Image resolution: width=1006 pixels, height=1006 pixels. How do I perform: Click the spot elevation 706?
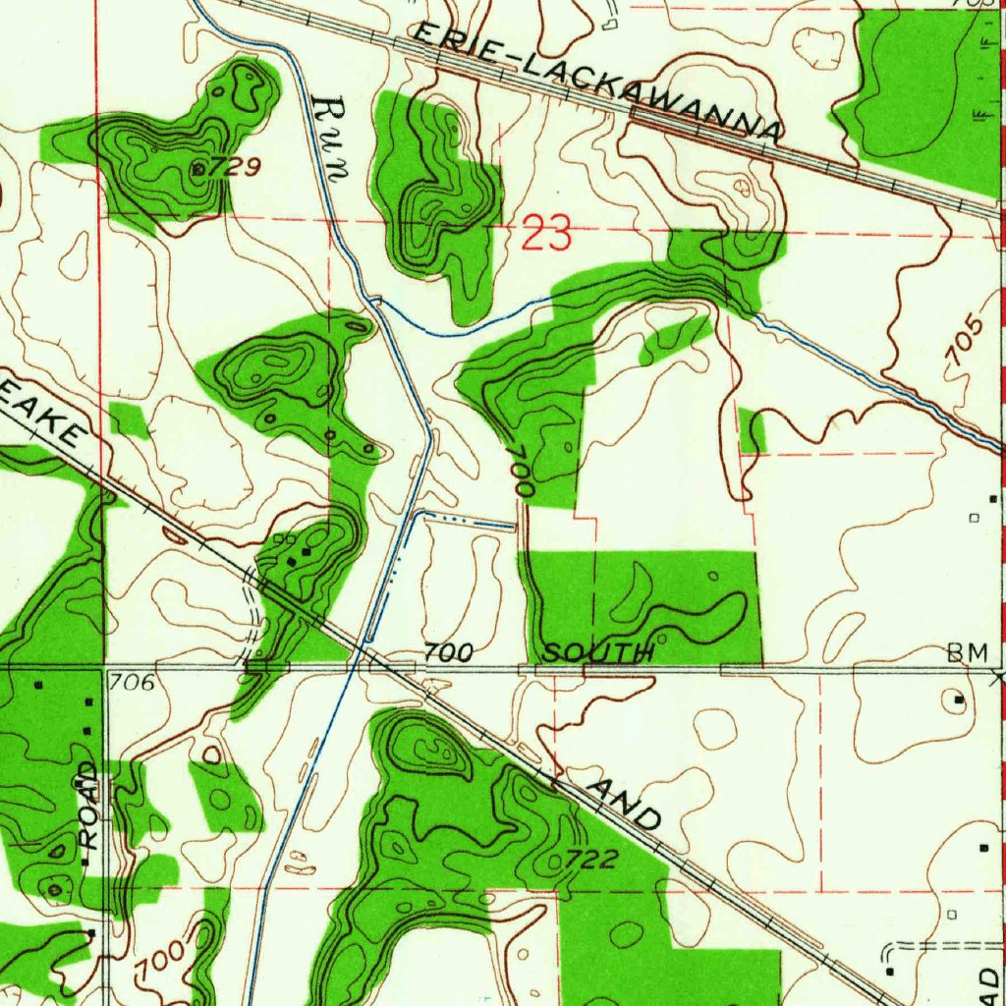click(x=132, y=682)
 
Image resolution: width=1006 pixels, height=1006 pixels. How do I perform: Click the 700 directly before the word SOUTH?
click(x=449, y=652)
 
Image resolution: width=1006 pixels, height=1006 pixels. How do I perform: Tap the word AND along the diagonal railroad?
click(x=625, y=802)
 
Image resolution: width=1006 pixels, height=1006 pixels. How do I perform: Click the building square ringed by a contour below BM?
click(x=960, y=700)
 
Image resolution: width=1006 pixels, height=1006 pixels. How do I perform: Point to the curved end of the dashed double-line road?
click(x=890, y=951)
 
